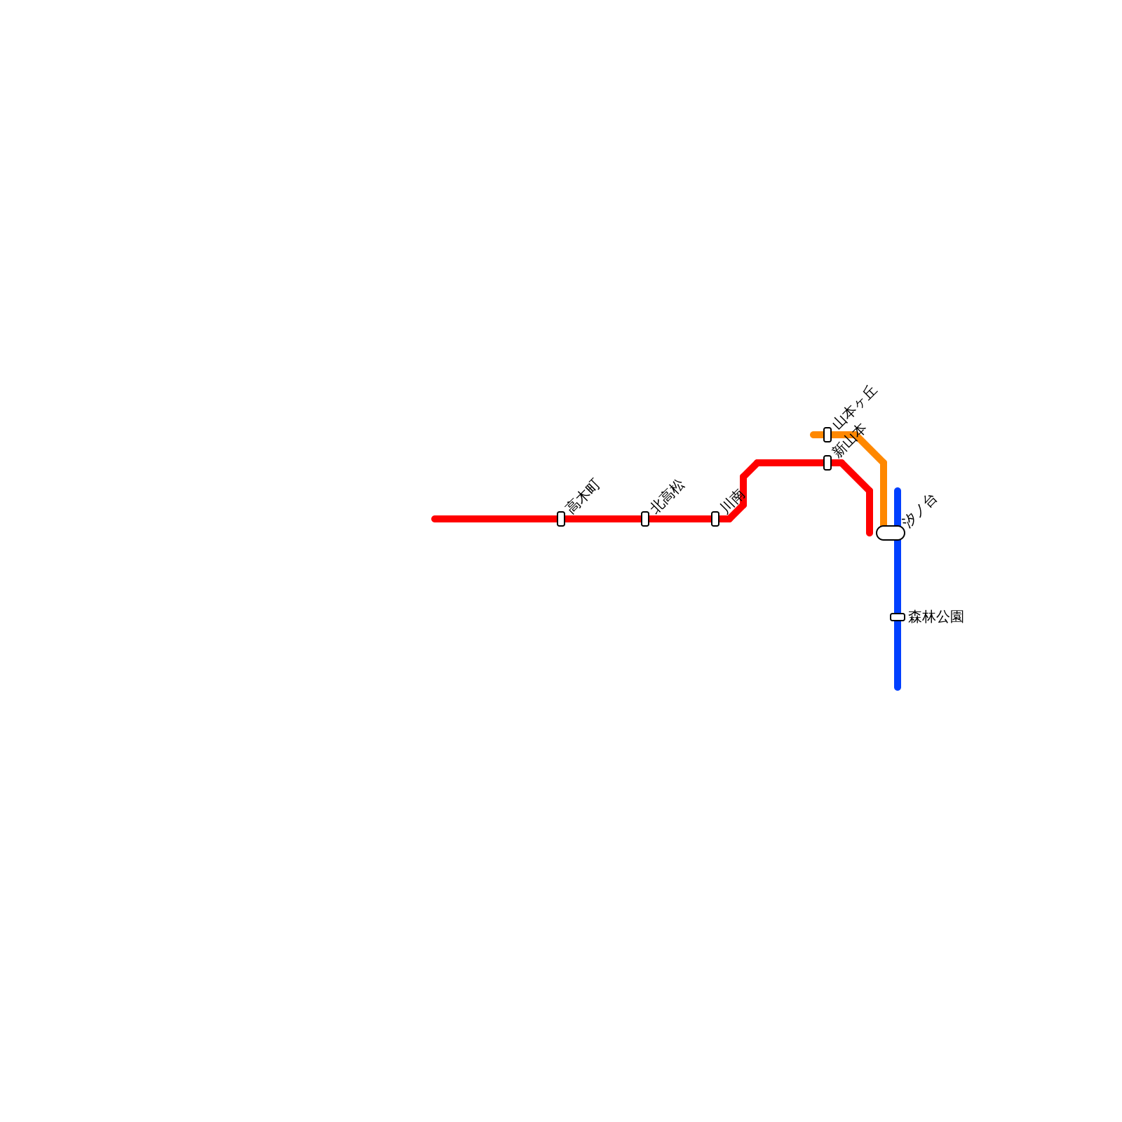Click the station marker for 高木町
(x=561, y=519)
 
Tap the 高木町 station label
(x=583, y=496)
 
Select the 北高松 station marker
(x=645, y=519)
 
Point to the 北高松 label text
(x=668, y=496)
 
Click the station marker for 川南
(x=715, y=519)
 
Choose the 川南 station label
(x=731, y=502)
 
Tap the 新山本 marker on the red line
(x=827, y=463)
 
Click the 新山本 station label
(x=849, y=441)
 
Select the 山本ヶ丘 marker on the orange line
(x=827, y=435)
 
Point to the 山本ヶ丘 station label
(x=856, y=407)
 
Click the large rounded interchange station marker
(x=891, y=533)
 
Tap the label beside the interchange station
(x=921, y=510)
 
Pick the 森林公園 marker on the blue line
(x=898, y=617)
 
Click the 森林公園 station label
(x=935, y=617)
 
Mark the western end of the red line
(x=435, y=519)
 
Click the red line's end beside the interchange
(x=870, y=534)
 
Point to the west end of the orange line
(x=813, y=435)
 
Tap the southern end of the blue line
(x=898, y=687)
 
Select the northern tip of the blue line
(x=898, y=490)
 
